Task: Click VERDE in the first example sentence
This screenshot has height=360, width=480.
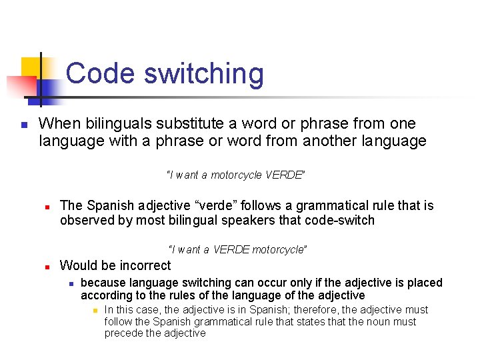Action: [x=284, y=175]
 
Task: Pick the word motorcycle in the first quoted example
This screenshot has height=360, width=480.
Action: [x=237, y=175]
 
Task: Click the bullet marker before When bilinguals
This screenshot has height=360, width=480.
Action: [x=23, y=125]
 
